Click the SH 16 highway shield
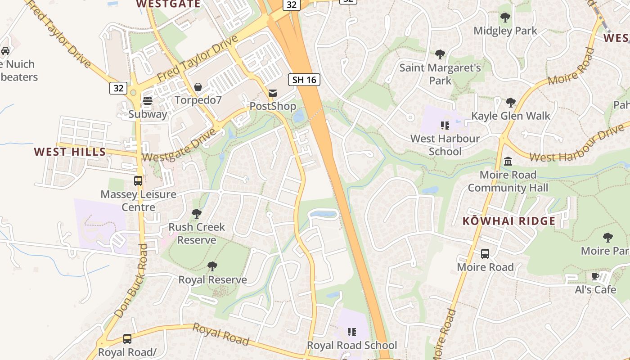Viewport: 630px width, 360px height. (304, 80)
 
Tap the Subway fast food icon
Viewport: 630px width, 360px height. (148, 101)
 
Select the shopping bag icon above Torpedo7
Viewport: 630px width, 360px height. (198, 87)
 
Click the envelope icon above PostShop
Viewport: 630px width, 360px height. (273, 93)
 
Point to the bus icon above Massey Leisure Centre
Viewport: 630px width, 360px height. (138, 181)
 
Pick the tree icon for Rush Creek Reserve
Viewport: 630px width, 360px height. (196, 214)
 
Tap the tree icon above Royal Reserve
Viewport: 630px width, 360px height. (212, 266)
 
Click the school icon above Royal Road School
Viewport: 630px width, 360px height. (351, 332)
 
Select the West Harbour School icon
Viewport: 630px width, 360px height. (445, 125)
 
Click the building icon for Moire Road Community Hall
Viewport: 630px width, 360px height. (508, 161)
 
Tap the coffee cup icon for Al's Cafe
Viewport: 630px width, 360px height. (595, 276)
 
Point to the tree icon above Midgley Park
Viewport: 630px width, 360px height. (505, 18)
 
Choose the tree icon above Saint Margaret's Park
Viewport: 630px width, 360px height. (440, 54)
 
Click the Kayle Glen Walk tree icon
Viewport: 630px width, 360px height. (510, 103)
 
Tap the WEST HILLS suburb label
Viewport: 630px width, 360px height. (70, 152)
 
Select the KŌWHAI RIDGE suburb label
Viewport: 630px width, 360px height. (509, 221)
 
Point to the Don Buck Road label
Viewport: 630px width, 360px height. (131, 281)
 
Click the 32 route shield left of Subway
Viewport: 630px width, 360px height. (118, 88)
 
